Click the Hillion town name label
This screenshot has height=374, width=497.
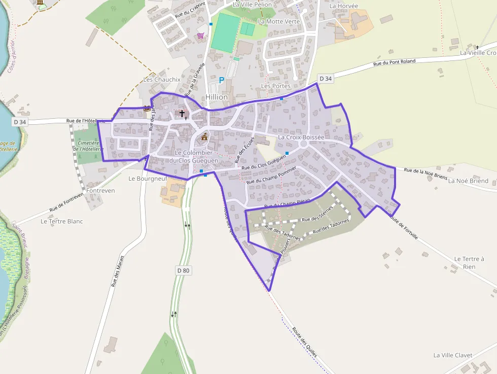coord(217,97)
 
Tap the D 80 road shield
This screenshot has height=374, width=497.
coord(184,270)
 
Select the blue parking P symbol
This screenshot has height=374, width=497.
coord(221,80)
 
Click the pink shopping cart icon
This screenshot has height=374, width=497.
coord(201,36)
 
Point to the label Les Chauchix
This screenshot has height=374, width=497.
coord(162,80)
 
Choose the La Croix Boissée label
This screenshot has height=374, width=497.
coord(301,137)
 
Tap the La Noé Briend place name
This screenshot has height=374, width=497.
coord(468,181)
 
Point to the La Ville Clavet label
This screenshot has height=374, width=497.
coord(453,355)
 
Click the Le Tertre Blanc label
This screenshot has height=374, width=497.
coord(61,221)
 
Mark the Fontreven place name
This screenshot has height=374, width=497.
coord(100,191)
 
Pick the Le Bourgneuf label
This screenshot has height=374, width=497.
coord(148,179)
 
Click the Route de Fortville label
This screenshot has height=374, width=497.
coord(404,227)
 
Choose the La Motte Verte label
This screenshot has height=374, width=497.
coord(279,22)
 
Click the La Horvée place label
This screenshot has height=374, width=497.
coord(344,6)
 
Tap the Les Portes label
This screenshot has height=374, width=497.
coord(275,86)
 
